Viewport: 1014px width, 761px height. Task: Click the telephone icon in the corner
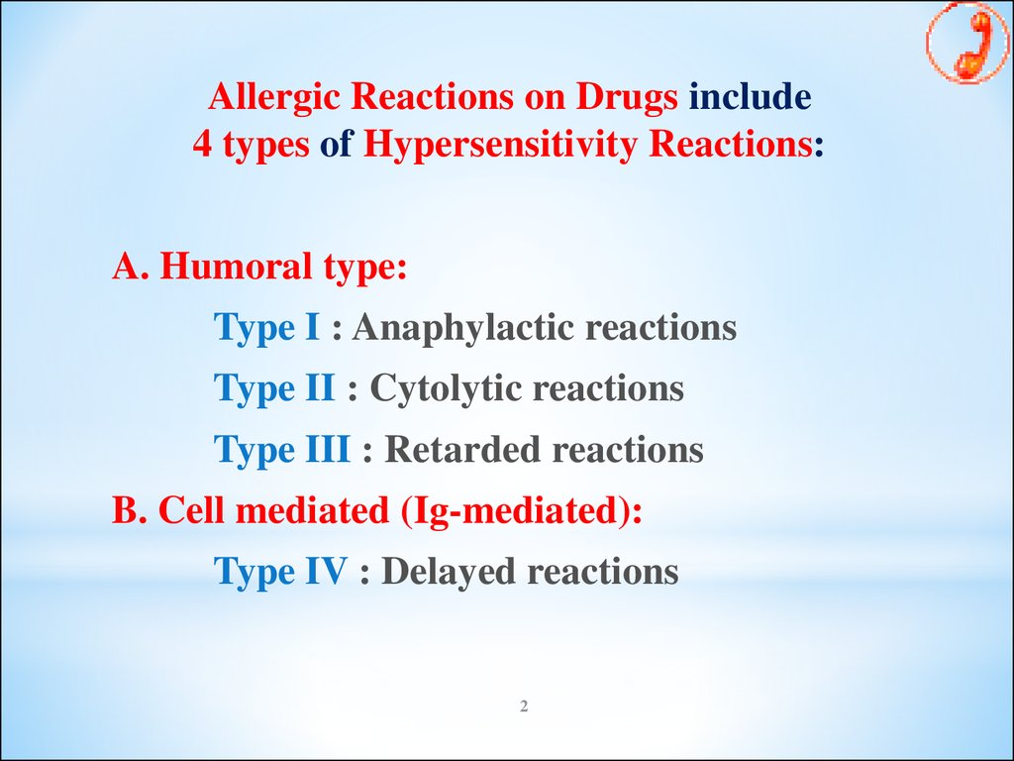pos(967,42)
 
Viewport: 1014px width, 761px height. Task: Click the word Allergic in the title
pos(274,98)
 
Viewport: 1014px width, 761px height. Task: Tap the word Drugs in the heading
pos(627,96)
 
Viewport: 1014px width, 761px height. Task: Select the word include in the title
pos(750,96)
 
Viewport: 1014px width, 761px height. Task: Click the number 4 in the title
pos(202,144)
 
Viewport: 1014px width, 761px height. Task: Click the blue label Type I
pos(266,328)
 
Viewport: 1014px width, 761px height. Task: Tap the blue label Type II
pos(274,388)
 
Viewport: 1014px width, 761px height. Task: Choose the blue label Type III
pos(282,450)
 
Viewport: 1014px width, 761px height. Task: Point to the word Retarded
pos(462,449)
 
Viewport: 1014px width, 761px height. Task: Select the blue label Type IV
pos(280,572)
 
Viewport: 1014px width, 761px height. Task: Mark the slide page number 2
pos(524,706)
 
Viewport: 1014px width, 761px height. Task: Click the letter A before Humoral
pos(127,266)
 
